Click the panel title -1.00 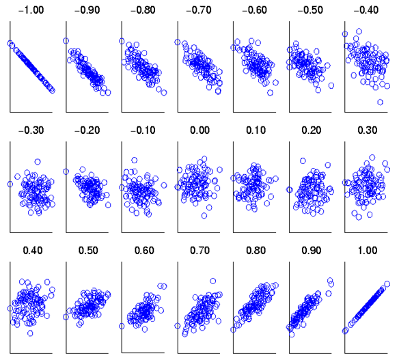tap(31, 10)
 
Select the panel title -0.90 tap(87, 10)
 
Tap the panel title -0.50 tap(310, 10)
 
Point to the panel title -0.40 tap(366, 10)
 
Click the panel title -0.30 tap(31, 130)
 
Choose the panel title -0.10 tap(143, 130)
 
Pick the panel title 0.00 tap(200, 130)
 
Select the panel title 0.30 tap(368, 130)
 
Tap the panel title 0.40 tap(33, 251)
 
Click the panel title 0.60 tap(144, 251)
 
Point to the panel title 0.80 tap(256, 251)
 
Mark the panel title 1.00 tap(368, 251)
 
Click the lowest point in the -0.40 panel tap(380, 102)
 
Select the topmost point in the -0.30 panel tap(38, 162)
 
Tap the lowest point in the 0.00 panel tap(204, 216)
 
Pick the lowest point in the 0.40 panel tap(30, 333)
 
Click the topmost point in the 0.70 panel tap(213, 281)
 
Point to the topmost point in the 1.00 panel tap(387, 284)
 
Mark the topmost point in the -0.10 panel tap(135, 161)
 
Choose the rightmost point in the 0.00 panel tap(220, 169)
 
